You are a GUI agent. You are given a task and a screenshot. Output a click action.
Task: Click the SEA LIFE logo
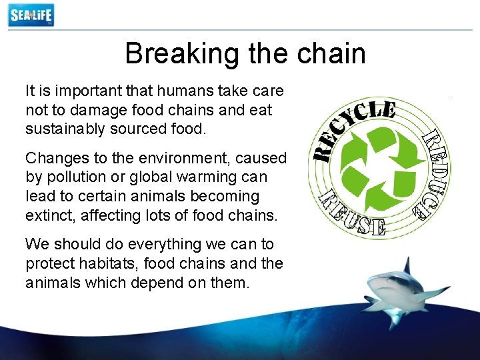click(x=31, y=15)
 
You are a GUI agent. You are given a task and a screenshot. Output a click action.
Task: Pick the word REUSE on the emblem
click(x=353, y=212)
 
